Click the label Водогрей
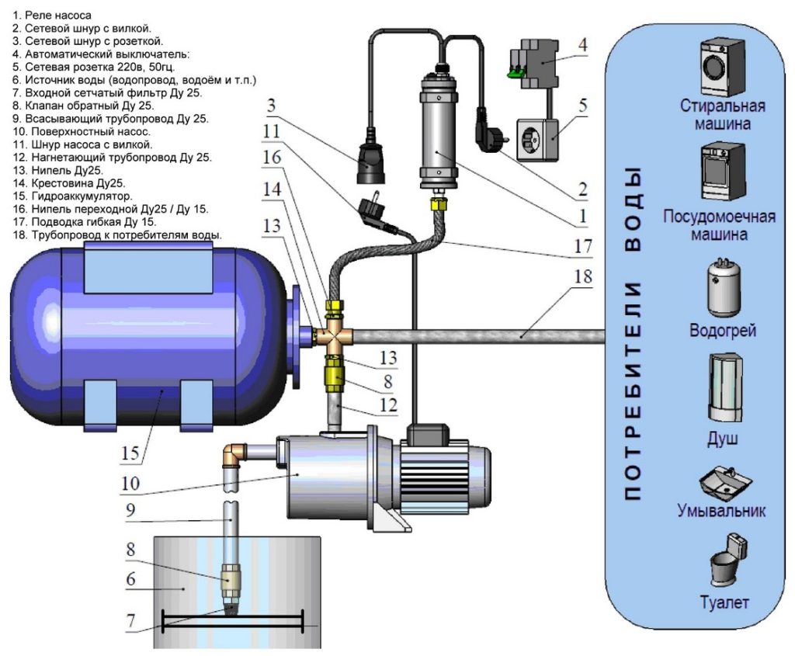[722, 331]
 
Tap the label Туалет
[722, 602]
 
